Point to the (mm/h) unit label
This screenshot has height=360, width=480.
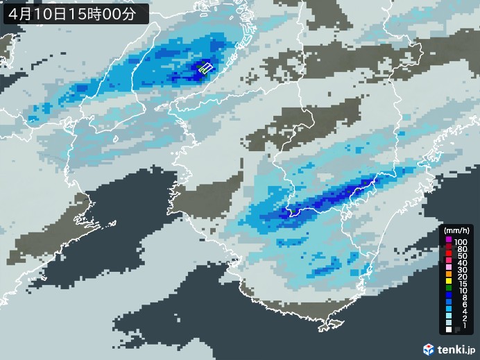click(458, 231)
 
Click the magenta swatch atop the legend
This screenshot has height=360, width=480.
click(449, 240)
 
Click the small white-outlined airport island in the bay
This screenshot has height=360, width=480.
click(205, 67)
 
